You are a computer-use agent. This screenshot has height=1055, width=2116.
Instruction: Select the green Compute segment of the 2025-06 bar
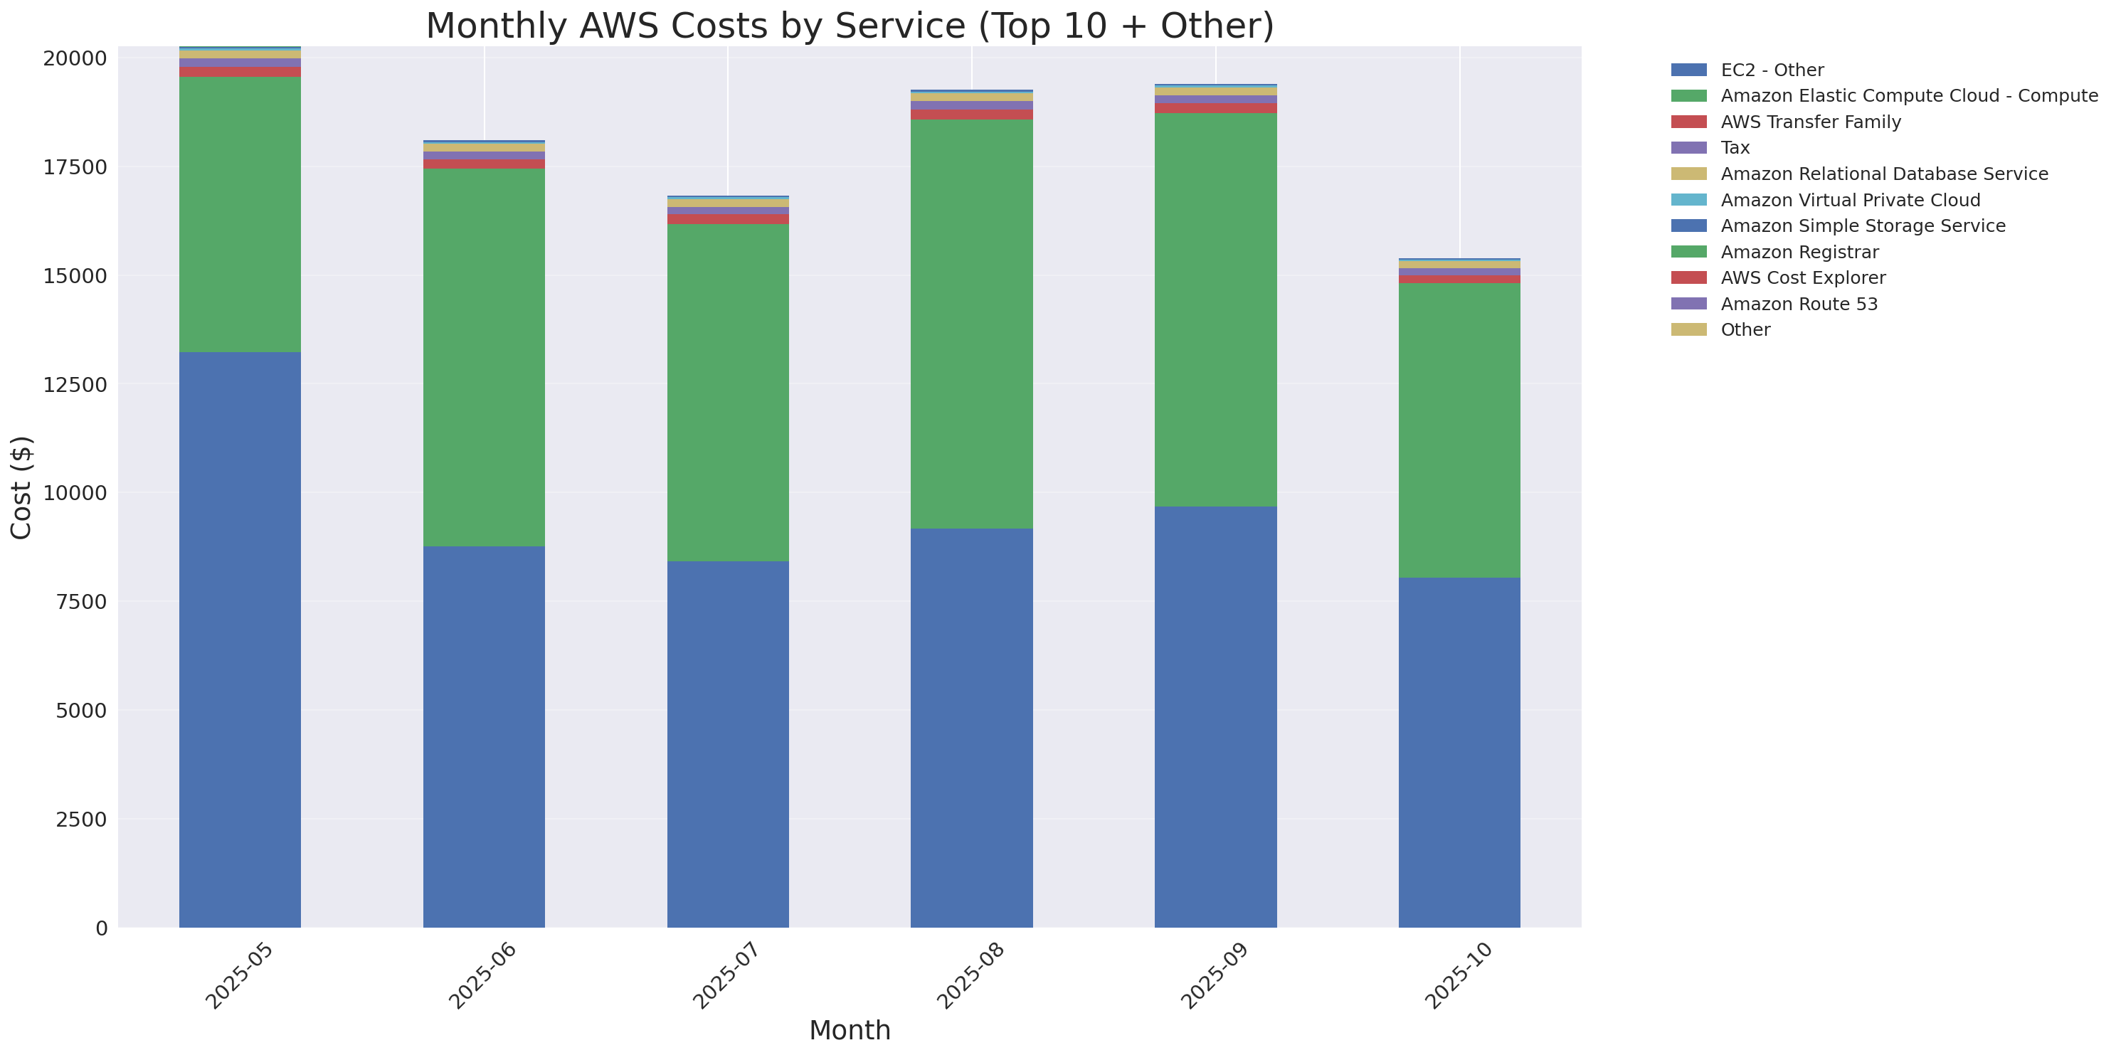(x=484, y=357)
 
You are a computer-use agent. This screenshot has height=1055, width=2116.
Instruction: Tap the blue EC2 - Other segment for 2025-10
(x=1459, y=752)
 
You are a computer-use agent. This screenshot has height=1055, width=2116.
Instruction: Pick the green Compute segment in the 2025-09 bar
(x=1215, y=309)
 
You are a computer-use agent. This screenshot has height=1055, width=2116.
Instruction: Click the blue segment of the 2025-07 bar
(x=728, y=744)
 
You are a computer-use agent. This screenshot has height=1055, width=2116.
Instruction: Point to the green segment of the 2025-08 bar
(x=971, y=324)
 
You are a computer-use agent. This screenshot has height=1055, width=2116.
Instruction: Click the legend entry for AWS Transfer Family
(x=1811, y=122)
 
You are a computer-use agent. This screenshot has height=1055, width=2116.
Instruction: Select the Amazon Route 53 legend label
(x=1799, y=304)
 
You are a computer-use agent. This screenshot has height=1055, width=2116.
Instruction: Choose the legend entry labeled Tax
(x=1735, y=148)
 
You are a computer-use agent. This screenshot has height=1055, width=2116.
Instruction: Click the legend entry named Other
(x=1745, y=330)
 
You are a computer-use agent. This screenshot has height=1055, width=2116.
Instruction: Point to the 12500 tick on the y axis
(x=75, y=385)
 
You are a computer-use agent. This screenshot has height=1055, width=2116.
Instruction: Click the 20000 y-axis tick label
(x=75, y=58)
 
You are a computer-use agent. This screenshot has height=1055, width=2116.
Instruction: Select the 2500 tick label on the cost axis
(x=80, y=820)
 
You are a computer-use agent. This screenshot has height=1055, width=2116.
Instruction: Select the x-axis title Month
(x=850, y=1029)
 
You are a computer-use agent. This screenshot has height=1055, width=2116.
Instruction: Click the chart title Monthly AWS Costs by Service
(x=850, y=26)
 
